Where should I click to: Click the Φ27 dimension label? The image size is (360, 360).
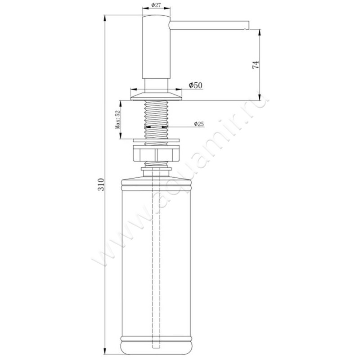click(x=156, y=5)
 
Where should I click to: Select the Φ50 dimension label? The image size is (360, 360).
click(x=196, y=85)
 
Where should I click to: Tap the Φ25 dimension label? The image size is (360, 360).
click(x=199, y=124)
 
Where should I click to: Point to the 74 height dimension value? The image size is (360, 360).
click(x=256, y=65)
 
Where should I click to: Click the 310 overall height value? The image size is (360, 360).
click(x=101, y=184)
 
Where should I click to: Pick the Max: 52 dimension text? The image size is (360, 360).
click(x=118, y=119)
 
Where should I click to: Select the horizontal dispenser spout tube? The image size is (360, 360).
click(x=209, y=25)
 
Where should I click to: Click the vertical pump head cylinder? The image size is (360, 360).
click(x=156, y=47)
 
